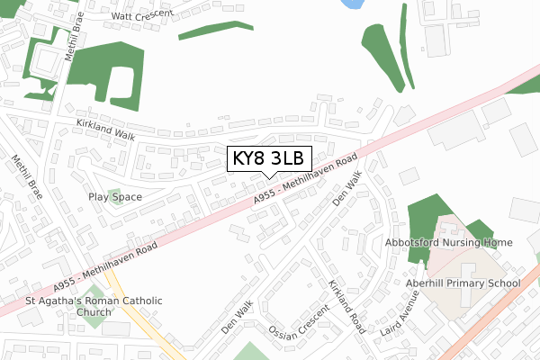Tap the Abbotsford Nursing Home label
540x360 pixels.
[460, 242]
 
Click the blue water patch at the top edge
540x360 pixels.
[350, 4]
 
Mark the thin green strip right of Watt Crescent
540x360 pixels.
[215, 29]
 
